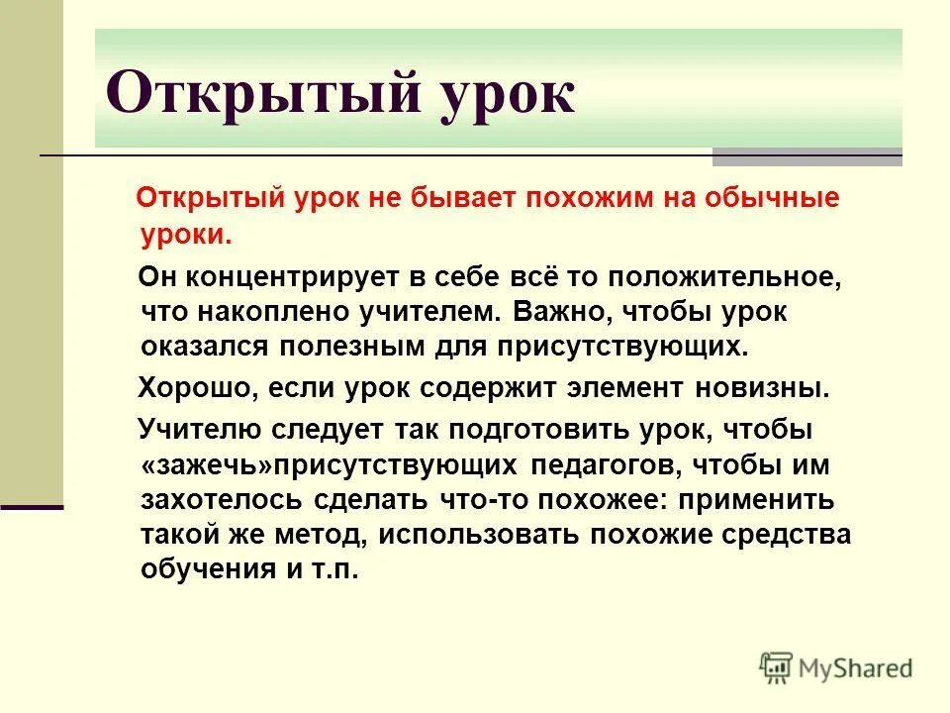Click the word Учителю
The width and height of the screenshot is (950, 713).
(199, 431)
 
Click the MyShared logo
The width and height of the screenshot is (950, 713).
(836, 667)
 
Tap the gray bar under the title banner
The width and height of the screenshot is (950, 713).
(807, 156)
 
